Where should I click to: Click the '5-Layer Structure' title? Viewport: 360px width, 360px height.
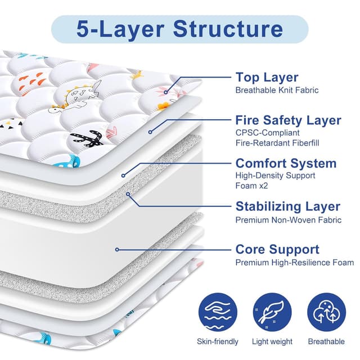pos(180,29)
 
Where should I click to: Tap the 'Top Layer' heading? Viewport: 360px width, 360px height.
pos(267,77)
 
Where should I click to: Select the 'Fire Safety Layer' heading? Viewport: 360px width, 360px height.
pos(288,120)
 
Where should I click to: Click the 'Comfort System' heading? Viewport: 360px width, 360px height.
pos(286,163)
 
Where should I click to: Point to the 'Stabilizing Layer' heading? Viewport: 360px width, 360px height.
pos(287,206)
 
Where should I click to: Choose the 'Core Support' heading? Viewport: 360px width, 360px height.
pos(277,249)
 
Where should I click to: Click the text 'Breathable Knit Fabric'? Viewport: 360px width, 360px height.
pos(277,90)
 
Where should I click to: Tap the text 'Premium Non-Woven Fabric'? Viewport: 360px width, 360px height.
pos(288,219)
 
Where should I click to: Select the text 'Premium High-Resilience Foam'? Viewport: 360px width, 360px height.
pos(294,262)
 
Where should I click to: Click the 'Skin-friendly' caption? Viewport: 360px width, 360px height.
pos(218,341)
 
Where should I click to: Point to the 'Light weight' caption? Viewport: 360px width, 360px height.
pos(272,341)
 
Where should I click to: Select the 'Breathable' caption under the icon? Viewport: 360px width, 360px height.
pos(326,341)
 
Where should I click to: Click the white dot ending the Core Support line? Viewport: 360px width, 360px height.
pos(116,249)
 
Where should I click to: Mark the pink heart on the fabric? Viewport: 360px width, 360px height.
pos(111,133)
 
